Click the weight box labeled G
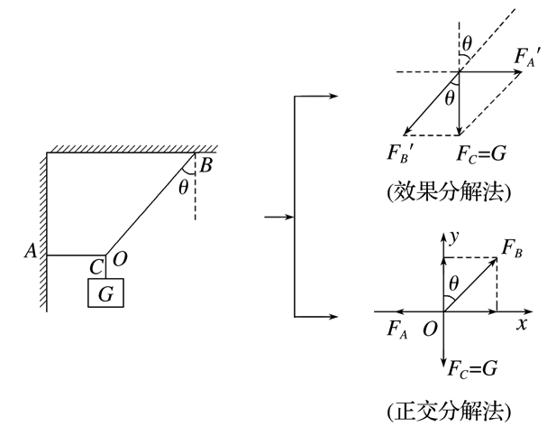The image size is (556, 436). tap(105, 292)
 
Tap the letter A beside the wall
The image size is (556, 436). tap(31, 251)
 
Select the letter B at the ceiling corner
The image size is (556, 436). tap(206, 165)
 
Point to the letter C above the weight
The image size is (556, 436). tap(96, 267)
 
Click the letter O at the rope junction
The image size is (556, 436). tap(120, 259)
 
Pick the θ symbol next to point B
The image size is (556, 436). tap(183, 187)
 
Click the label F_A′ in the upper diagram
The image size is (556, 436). tap(527, 57)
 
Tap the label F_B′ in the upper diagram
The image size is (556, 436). tap(399, 153)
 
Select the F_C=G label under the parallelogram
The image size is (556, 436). tap(481, 154)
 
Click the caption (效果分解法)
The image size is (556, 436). tap(450, 192)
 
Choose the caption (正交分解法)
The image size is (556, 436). tap(450, 412)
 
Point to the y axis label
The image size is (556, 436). tap(454, 237)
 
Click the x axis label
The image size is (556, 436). tap(522, 324)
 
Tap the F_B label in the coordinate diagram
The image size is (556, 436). tap(512, 248)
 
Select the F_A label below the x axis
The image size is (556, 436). tap(397, 329)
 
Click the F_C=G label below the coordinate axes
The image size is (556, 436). tap(472, 368)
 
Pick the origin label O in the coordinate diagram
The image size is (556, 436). tap(430, 329)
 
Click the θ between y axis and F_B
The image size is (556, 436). tap(454, 284)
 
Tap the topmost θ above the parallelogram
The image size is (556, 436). tap(468, 44)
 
